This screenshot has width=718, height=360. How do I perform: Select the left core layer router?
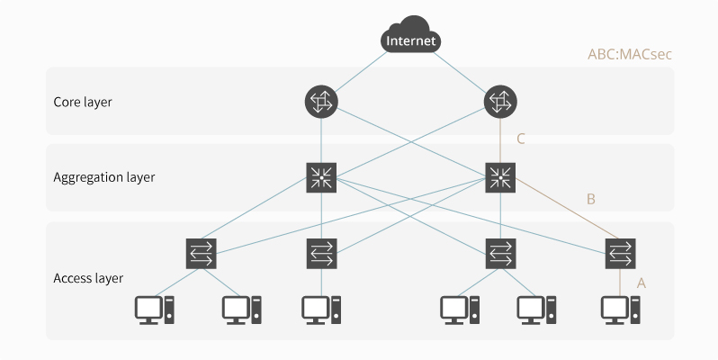[x=321, y=102]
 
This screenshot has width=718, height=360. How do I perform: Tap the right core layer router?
[x=500, y=102]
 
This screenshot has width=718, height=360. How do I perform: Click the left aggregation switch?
[x=321, y=176]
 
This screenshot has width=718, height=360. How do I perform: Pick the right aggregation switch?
[x=500, y=176]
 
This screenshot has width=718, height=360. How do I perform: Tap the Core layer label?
[x=83, y=102]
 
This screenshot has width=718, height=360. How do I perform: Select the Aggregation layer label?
[x=104, y=177]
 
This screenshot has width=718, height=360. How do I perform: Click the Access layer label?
[x=88, y=278]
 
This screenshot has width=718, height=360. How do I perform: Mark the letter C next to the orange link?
[x=520, y=139]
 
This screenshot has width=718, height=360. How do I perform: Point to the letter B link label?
[x=591, y=199]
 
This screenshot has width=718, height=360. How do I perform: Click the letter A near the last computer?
[x=642, y=283]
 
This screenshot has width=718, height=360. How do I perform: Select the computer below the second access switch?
[x=321, y=310]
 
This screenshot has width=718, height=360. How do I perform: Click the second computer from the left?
[x=242, y=310]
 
